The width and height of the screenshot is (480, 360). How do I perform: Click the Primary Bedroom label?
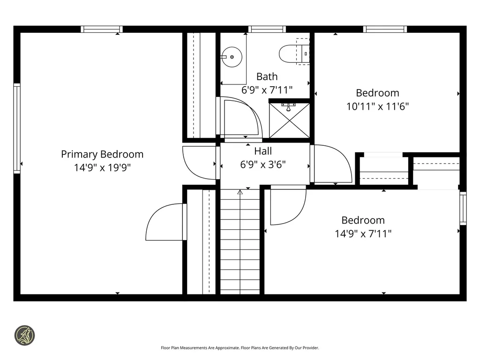pyautogui.click(x=102, y=154)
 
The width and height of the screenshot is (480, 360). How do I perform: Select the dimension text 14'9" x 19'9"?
pyautogui.click(x=102, y=168)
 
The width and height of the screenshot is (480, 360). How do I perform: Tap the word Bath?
pyautogui.click(x=267, y=76)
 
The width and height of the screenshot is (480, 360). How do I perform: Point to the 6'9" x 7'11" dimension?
pyautogui.click(x=267, y=90)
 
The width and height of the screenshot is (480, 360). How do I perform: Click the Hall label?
pyautogui.click(x=263, y=151)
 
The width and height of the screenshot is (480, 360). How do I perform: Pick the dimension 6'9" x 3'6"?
pyautogui.click(x=263, y=165)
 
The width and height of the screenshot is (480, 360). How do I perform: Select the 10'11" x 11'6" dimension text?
pyautogui.click(x=377, y=106)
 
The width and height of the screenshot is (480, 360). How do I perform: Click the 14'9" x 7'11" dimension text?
pyautogui.click(x=363, y=234)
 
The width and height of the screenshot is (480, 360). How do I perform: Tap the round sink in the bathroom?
pyautogui.click(x=232, y=57)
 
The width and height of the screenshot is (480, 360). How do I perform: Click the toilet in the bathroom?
pyautogui.click(x=294, y=54)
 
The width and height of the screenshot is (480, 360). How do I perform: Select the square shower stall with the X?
pyautogui.click(x=289, y=120)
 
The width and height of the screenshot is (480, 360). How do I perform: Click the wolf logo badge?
pyautogui.click(x=24, y=336)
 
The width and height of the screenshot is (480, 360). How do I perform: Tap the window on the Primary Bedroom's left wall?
pyautogui.click(x=17, y=128)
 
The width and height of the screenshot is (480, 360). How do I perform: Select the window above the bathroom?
pyautogui.click(x=267, y=29)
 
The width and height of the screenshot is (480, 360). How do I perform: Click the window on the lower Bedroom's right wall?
pyautogui.click(x=463, y=209)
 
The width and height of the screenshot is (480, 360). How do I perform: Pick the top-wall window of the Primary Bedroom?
pyautogui.click(x=102, y=29)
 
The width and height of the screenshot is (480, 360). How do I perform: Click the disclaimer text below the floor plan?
pyautogui.click(x=240, y=348)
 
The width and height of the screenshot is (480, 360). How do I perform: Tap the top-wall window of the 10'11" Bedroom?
pyautogui.click(x=385, y=29)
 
